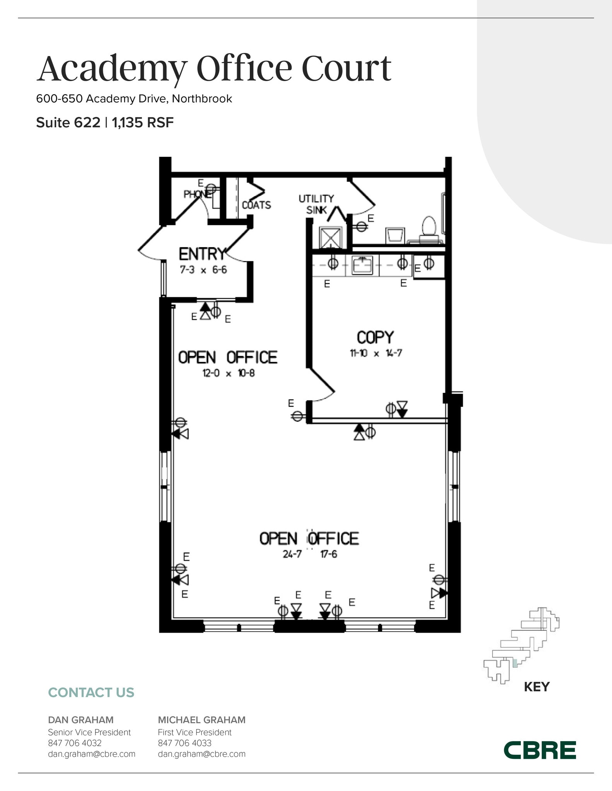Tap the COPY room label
coord(375,337)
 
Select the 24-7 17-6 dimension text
coord(310,554)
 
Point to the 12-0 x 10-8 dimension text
coord(228,373)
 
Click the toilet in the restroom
coord(429,227)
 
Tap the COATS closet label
coord(256,205)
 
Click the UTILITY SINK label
coord(316,204)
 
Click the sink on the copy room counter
coord(362,265)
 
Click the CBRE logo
coord(540,750)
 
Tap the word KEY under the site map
coord(537,687)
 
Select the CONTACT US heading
coord(91,693)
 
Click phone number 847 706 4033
coord(184,743)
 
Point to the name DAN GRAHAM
coord(81,720)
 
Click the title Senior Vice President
coord(89,732)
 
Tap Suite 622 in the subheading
coord(68,123)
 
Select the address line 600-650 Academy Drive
coord(134,99)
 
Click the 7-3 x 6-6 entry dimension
coord(203,270)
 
